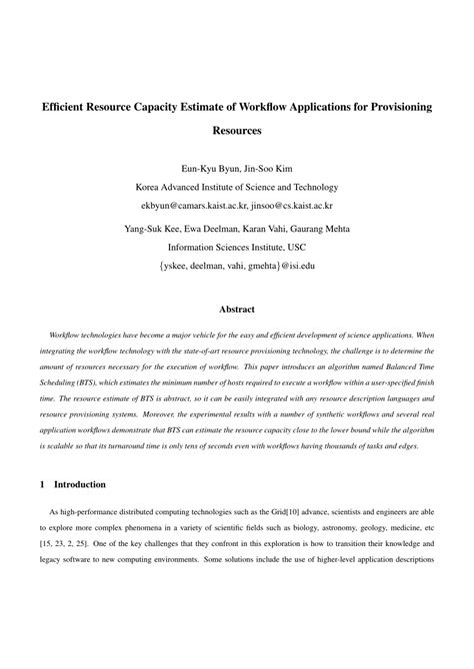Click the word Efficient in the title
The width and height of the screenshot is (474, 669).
click(x=66, y=105)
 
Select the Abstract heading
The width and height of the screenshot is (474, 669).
click(x=237, y=310)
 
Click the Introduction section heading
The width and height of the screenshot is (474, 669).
click(x=79, y=483)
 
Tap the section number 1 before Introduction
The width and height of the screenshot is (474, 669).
click(x=41, y=483)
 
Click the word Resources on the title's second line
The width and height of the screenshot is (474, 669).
click(x=237, y=130)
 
